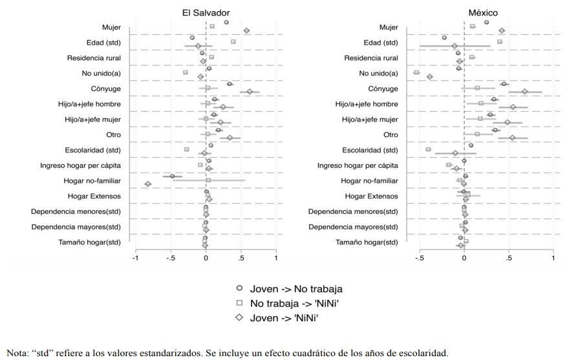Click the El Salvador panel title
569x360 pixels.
pyautogui.click(x=206, y=13)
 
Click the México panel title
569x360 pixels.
pyautogui.click(x=482, y=13)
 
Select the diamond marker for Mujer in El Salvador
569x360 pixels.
pyautogui.click(x=246, y=30)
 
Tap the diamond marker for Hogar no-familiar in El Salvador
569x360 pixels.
pyautogui.click(x=148, y=184)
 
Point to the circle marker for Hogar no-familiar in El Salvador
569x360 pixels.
pyautogui.click(x=173, y=176)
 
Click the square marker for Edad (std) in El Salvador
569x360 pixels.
pyautogui.click(x=233, y=41)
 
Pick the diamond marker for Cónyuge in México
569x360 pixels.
pyautogui.click(x=525, y=92)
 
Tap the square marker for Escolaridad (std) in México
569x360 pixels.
pyautogui.click(x=428, y=149)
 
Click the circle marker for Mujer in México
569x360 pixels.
pyautogui.click(x=487, y=23)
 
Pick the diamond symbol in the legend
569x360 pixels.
pyautogui.click(x=239, y=317)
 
